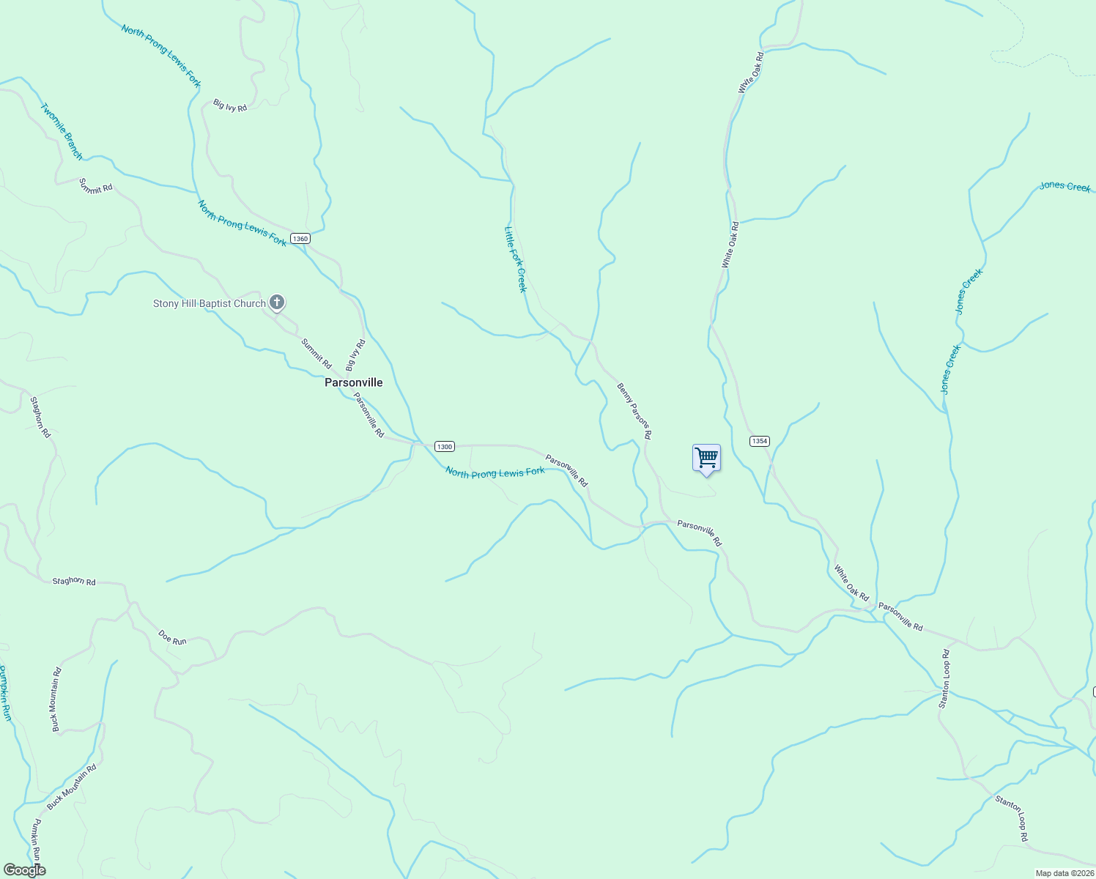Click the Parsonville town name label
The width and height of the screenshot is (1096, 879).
tap(353, 382)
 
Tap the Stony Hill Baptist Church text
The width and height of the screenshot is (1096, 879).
tap(209, 303)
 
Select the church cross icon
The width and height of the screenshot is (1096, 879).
tap(277, 302)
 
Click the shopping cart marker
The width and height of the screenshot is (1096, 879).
tap(706, 459)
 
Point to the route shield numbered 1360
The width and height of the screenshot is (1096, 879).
tap(300, 239)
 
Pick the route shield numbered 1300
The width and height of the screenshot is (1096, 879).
tap(445, 446)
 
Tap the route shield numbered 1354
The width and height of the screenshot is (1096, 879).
tap(759, 441)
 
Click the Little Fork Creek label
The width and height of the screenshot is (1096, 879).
tap(515, 259)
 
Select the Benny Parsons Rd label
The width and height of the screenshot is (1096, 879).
tap(634, 411)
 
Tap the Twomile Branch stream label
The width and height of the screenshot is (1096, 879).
tap(62, 131)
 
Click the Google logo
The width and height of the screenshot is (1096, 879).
tap(24, 870)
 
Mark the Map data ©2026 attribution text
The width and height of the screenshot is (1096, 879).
tap(1064, 873)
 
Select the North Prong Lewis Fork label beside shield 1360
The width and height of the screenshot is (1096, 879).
tap(242, 223)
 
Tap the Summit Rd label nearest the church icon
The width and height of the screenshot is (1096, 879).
tap(316, 353)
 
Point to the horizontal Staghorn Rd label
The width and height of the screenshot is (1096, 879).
tap(74, 582)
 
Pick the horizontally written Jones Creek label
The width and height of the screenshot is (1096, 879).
tap(1065, 187)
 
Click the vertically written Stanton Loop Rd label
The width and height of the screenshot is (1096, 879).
tap(945, 679)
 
